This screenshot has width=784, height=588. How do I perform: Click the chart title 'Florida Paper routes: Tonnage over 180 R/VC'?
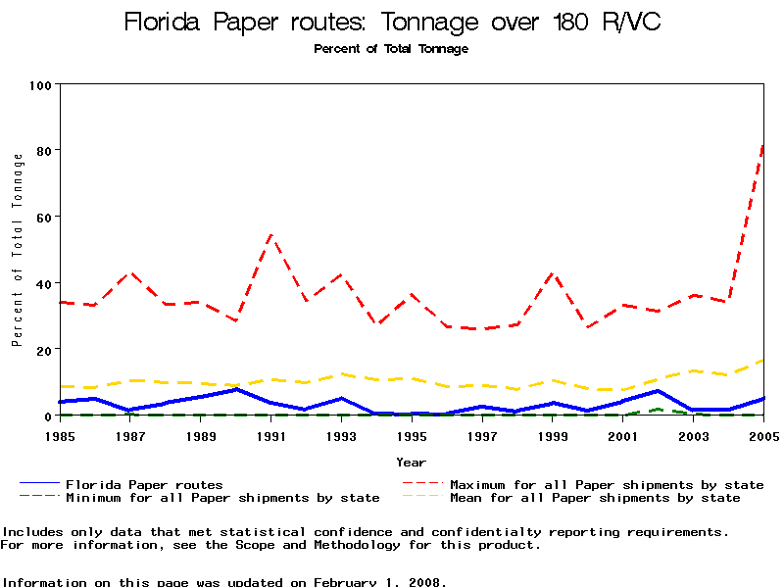392,23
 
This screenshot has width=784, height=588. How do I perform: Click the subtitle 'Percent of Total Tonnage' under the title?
391,49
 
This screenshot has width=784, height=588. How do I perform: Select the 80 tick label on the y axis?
43,151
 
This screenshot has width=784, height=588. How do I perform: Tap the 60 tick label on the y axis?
43,217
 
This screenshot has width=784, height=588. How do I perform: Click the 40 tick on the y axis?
43,283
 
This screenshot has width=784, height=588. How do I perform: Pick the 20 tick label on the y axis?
43,349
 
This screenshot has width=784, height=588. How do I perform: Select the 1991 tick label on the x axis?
271,434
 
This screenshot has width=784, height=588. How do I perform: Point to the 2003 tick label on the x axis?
694,434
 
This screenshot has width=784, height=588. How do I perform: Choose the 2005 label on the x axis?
762,434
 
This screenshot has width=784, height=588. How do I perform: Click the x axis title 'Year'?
411,462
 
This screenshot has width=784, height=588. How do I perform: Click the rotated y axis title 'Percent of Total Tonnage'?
18,250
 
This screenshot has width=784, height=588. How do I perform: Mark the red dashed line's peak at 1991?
271,235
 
